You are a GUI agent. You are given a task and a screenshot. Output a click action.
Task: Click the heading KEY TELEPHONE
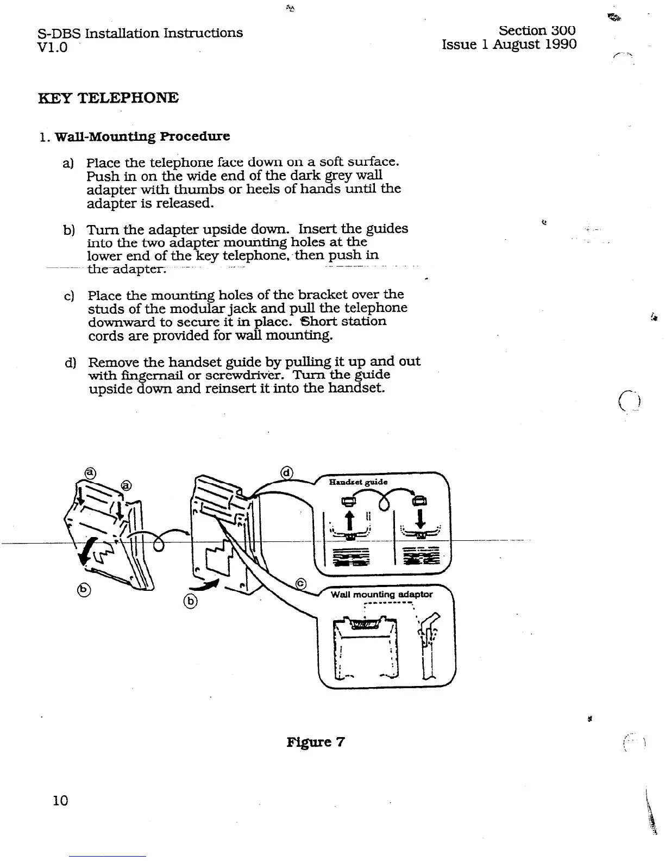[108, 98]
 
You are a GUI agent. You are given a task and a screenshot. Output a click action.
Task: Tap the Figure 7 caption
[315, 742]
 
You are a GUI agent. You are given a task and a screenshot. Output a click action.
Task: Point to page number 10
[61, 800]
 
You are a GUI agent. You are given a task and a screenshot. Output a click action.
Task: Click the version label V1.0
[53, 47]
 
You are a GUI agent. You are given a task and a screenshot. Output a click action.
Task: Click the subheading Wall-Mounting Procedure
[142, 136]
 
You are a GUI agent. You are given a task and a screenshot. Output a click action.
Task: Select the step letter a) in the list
[68, 163]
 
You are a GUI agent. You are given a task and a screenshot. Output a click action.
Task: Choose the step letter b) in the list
[68, 229]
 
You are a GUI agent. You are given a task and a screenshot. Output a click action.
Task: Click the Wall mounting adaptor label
[381, 594]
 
